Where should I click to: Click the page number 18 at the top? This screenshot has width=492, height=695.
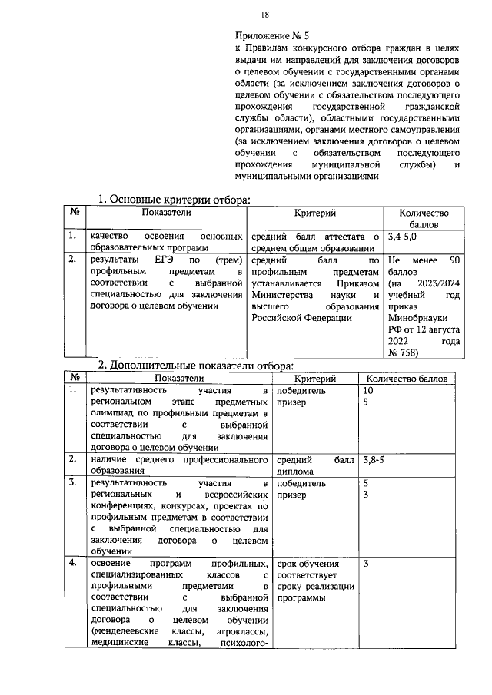264,13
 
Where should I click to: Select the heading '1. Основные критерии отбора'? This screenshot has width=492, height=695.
175,200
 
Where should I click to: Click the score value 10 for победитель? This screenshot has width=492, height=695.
368,391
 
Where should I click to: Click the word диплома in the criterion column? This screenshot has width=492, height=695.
294,472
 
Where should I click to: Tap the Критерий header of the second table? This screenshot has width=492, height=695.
315,378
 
